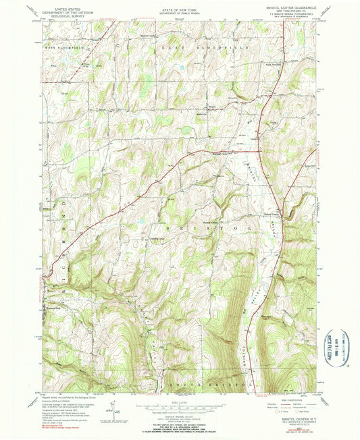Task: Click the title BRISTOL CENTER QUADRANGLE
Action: point(284,9)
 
